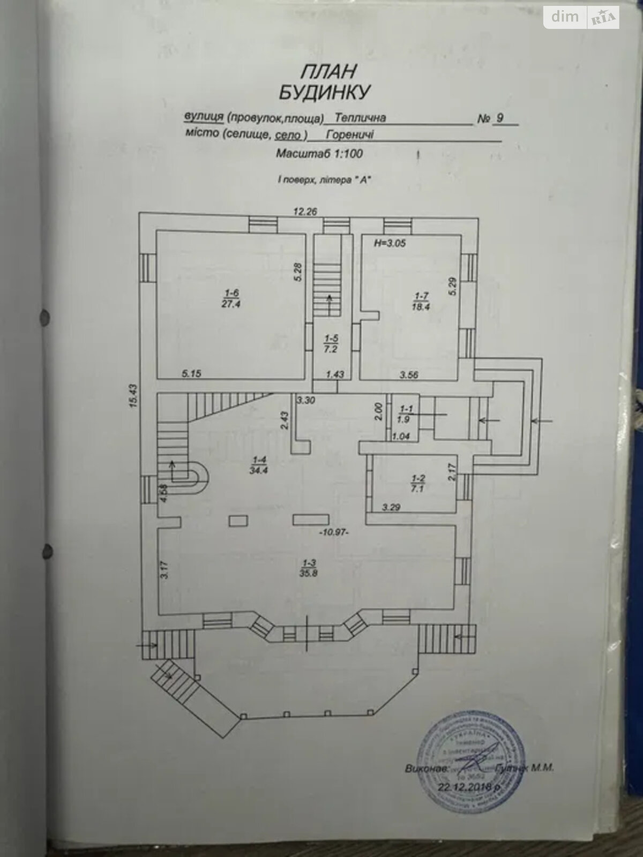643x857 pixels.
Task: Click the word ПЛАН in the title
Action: [x=322, y=71]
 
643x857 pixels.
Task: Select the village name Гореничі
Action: [x=349, y=135]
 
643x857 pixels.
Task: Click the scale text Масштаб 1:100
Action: [x=319, y=154]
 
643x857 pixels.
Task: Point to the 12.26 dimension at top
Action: [x=305, y=211]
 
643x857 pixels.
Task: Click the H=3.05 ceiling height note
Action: [x=390, y=243]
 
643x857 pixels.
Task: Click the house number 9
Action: [x=499, y=118]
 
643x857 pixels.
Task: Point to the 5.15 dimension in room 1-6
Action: [x=191, y=373]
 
